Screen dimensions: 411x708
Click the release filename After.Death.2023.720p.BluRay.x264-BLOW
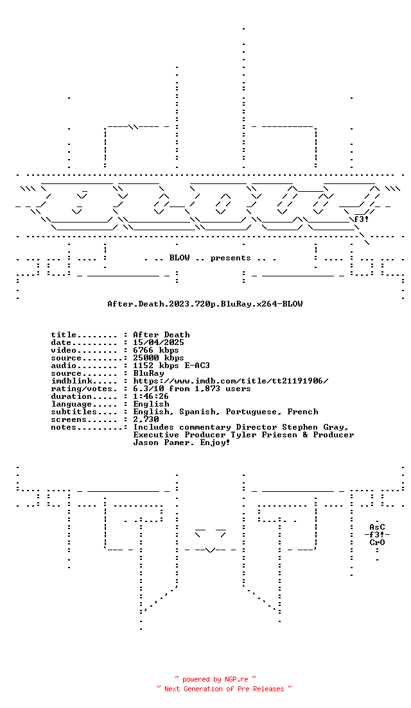(x=205, y=304)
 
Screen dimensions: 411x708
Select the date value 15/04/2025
(x=158, y=342)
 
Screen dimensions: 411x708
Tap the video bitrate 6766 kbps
(x=156, y=350)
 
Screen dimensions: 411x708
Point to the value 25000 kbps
(x=158, y=358)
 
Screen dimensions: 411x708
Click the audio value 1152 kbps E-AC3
(x=171, y=366)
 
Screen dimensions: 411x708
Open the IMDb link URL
(x=231, y=381)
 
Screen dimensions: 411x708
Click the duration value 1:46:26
(x=150, y=396)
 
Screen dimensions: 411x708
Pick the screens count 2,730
(x=146, y=419)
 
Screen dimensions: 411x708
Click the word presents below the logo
(x=231, y=258)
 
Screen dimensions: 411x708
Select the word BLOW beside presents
(x=180, y=257)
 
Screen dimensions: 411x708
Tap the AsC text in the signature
(x=377, y=527)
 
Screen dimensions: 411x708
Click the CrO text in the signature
(x=377, y=543)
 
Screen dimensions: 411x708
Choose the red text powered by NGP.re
(x=215, y=679)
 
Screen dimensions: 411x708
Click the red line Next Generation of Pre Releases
(x=224, y=689)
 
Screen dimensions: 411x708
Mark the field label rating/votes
(x=84, y=389)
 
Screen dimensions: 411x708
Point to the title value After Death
(x=161, y=335)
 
